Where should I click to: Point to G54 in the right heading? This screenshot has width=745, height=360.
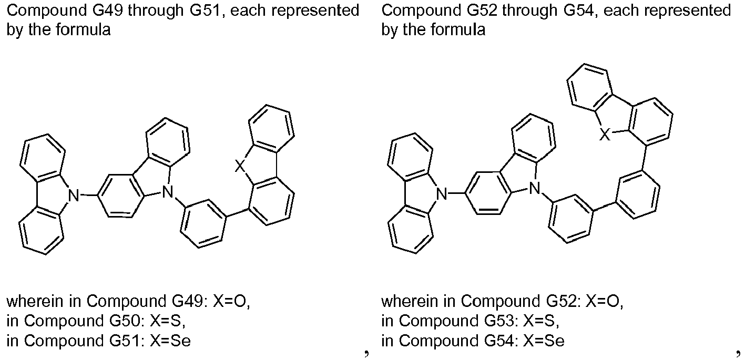point(579,11)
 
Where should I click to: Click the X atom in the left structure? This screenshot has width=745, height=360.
point(240,166)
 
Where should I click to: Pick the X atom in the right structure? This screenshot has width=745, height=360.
point(605,135)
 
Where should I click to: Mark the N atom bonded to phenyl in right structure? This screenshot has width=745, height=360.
point(535,189)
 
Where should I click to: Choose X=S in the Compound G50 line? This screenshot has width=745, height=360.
point(167,321)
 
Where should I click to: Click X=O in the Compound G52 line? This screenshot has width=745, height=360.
point(605,302)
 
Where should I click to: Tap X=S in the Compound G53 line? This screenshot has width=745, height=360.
point(541,321)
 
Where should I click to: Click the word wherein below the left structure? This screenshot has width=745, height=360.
point(35,302)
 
